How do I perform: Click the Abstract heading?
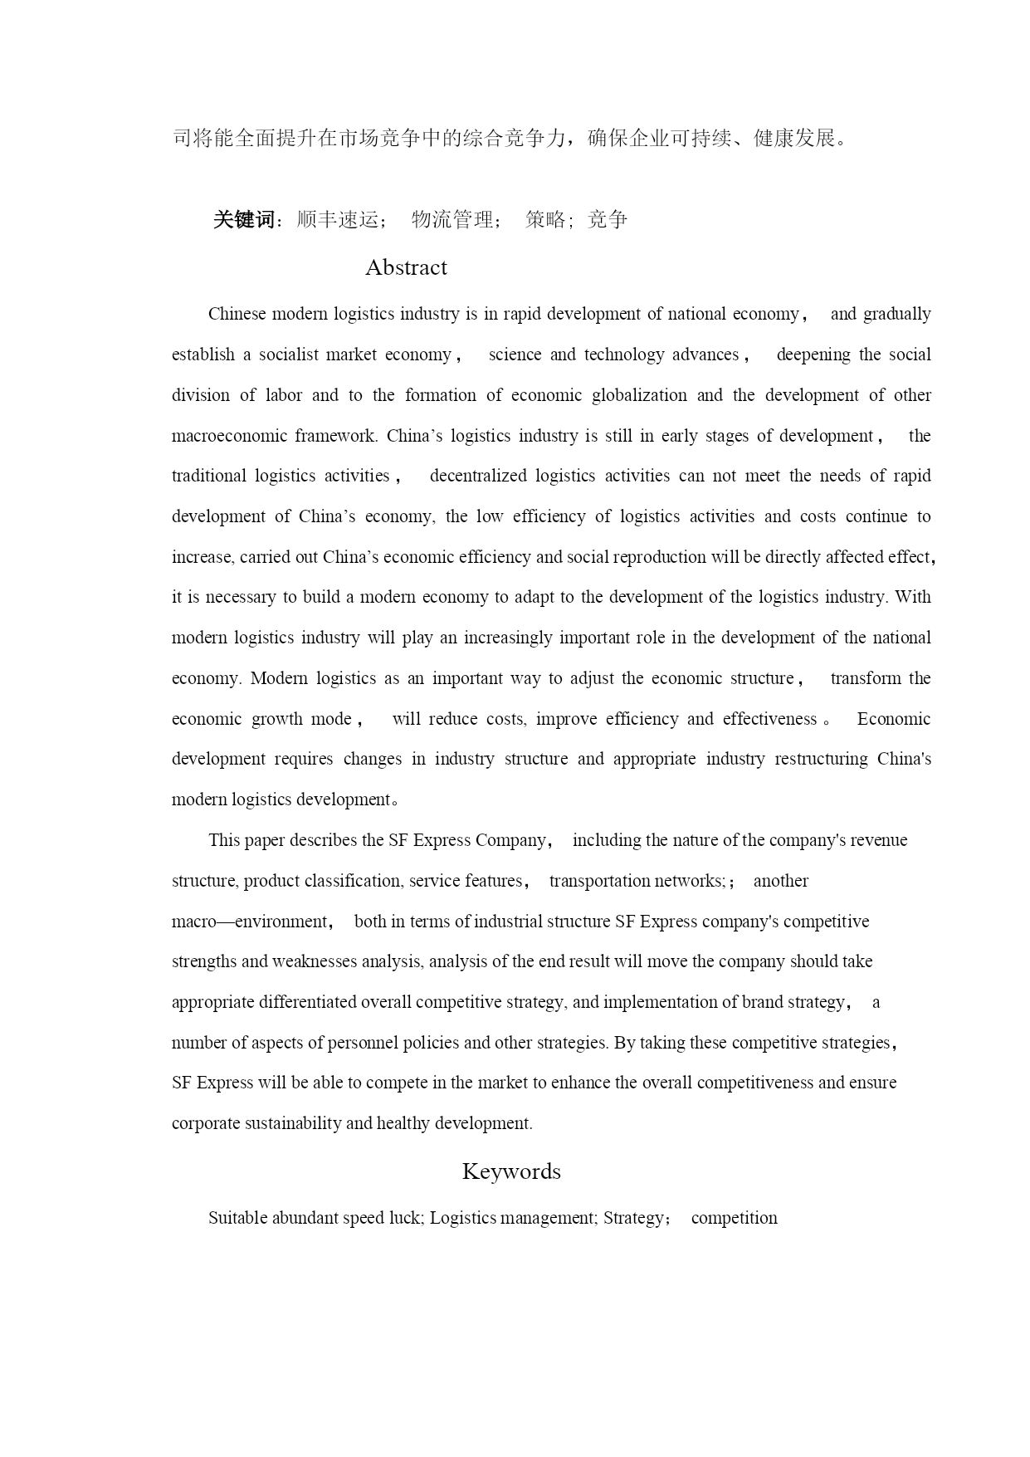pyautogui.click(x=406, y=267)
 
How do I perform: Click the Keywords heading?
pyautogui.click(x=511, y=1171)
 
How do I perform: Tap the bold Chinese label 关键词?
pyautogui.click(x=243, y=219)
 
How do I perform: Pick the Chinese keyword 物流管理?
pyautogui.click(x=452, y=219)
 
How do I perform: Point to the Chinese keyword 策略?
pyautogui.click(x=545, y=219)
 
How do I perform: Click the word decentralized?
pyautogui.click(x=478, y=476)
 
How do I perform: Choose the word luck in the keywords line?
pyautogui.click(x=404, y=1218)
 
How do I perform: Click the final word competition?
pyautogui.click(x=735, y=1218)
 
